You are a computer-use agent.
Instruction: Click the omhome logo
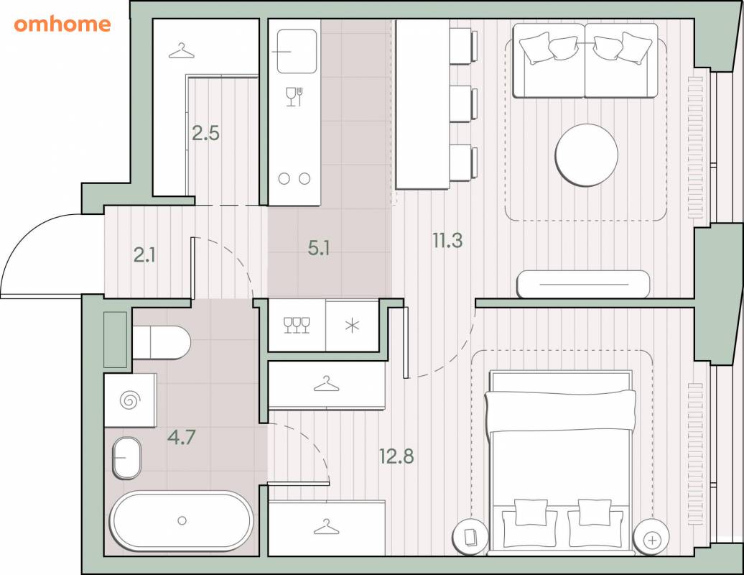(x=62, y=24)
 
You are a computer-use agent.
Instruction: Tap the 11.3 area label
(x=447, y=240)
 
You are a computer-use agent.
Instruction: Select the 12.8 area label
(x=396, y=456)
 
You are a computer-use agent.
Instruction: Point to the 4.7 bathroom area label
(x=181, y=437)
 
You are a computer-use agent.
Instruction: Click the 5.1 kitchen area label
(x=319, y=248)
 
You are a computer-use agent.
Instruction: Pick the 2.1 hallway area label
(x=144, y=255)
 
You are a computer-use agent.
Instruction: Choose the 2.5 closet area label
(x=205, y=133)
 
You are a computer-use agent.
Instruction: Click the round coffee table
(x=587, y=155)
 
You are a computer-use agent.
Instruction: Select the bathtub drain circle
(x=182, y=521)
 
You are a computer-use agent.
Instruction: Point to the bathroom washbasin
(x=126, y=458)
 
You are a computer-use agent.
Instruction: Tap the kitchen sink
(x=297, y=51)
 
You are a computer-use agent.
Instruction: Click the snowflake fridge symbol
(x=352, y=326)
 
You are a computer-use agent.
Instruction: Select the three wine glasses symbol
(x=297, y=326)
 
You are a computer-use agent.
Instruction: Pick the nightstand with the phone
(x=470, y=537)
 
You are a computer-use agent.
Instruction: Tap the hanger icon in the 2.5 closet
(x=181, y=51)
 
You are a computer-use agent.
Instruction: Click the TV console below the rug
(x=583, y=284)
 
